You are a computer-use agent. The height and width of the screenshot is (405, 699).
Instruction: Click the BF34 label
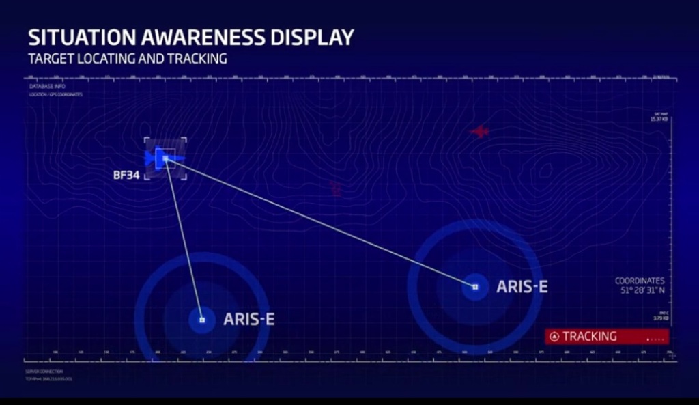(x=126, y=176)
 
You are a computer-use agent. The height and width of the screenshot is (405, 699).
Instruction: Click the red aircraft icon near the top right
(x=481, y=131)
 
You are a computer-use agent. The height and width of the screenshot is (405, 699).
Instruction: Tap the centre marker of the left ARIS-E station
(x=202, y=320)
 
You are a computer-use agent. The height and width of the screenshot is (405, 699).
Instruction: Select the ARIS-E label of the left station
(x=249, y=319)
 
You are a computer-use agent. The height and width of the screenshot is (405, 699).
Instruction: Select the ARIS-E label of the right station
(x=522, y=286)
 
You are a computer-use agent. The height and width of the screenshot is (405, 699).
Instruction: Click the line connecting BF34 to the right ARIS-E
(x=321, y=223)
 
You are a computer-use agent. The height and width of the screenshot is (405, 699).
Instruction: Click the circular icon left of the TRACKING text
(x=554, y=336)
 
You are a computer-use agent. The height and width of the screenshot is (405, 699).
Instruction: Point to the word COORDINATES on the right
(x=640, y=281)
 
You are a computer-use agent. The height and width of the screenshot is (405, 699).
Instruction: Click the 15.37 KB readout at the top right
(x=659, y=120)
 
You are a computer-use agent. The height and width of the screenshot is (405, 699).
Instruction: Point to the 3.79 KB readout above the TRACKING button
(x=660, y=318)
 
